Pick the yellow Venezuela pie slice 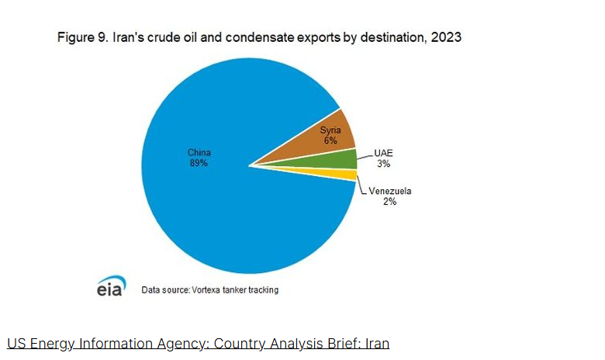pos(345,175)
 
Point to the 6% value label pos(330,141)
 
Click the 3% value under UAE pos(383,164)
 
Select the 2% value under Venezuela pos(389,202)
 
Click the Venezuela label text pos(389,191)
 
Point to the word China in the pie pos(199,152)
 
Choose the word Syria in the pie pos(331,130)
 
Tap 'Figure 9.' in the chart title pos(82,37)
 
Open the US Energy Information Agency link pos(198,343)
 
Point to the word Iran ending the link pos(375,343)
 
